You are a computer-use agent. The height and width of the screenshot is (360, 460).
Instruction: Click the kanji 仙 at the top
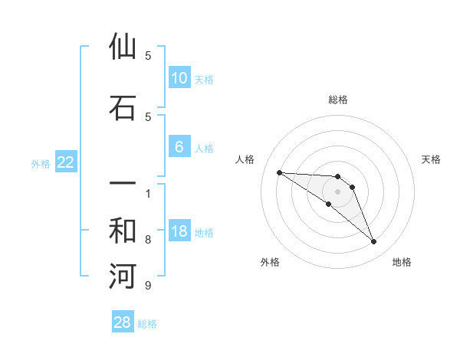tap(123, 47)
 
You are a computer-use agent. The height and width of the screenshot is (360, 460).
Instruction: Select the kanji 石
tap(123, 108)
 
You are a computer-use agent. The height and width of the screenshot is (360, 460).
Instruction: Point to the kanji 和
tap(123, 231)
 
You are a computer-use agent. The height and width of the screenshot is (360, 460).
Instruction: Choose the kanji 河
tap(123, 277)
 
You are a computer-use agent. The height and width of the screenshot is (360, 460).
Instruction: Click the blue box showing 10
tap(179, 78)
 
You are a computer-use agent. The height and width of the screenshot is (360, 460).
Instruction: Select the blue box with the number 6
tap(179, 147)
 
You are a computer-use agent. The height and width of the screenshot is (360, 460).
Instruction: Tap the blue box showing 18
tap(179, 232)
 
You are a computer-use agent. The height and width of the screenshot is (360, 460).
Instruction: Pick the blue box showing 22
tap(66, 162)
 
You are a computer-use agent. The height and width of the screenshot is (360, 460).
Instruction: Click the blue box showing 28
tap(123, 322)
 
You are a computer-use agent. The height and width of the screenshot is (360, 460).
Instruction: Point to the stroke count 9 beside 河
tap(147, 286)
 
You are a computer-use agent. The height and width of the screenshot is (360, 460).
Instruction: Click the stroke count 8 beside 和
tap(147, 240)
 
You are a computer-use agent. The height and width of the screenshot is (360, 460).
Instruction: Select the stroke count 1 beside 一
tap(147, 193)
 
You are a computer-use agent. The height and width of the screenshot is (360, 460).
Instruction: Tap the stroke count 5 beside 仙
tap(147, 56)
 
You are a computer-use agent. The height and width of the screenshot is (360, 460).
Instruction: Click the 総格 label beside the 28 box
tap(147, 324)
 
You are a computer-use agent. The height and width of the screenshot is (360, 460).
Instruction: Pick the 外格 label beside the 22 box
tap(41, 163)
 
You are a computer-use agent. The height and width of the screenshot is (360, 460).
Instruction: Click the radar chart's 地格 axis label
tap(402, 262)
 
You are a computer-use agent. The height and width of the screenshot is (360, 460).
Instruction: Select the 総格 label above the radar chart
tap(337, 100)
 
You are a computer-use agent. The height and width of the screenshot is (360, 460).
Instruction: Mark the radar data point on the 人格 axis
tap(279, 172)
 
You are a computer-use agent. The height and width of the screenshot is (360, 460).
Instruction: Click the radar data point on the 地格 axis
tap(373, 242)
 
